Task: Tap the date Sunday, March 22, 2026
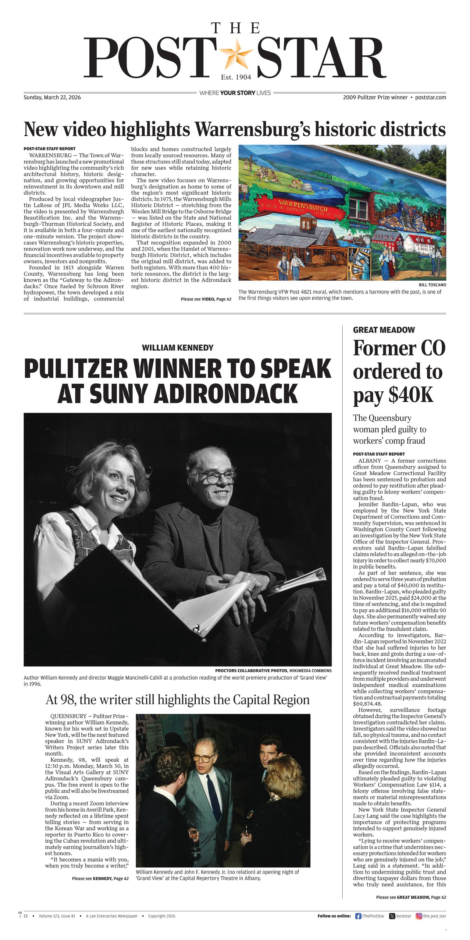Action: (52, 98)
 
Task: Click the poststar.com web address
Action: (431, 98)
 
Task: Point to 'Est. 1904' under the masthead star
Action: (236, 77)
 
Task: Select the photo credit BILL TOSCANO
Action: (433, 285)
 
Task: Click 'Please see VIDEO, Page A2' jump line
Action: (206, 299)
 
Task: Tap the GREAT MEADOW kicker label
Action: (384, 330)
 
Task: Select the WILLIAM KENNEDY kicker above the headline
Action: (178, 348)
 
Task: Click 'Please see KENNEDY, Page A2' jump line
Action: (100, 879)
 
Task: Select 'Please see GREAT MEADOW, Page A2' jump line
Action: (411, 897)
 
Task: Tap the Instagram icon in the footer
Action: (419, 916)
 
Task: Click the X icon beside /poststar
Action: (392, 916)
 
